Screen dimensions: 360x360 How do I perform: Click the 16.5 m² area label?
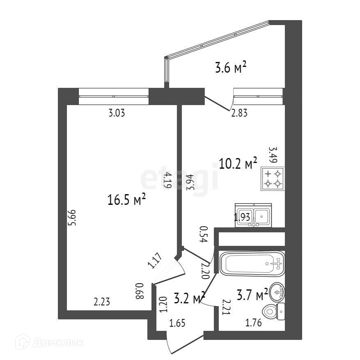click(x=127, y=201)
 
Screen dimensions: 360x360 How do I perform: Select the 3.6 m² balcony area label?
click(x=231, y=67)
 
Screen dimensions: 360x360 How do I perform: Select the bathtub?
click(x=252, y=264)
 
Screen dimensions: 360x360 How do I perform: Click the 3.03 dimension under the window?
click(x=116, y=113)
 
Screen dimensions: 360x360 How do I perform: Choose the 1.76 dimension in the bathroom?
click(x=253, y=323)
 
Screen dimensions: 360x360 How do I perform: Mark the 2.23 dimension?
click(x=102, y=303)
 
